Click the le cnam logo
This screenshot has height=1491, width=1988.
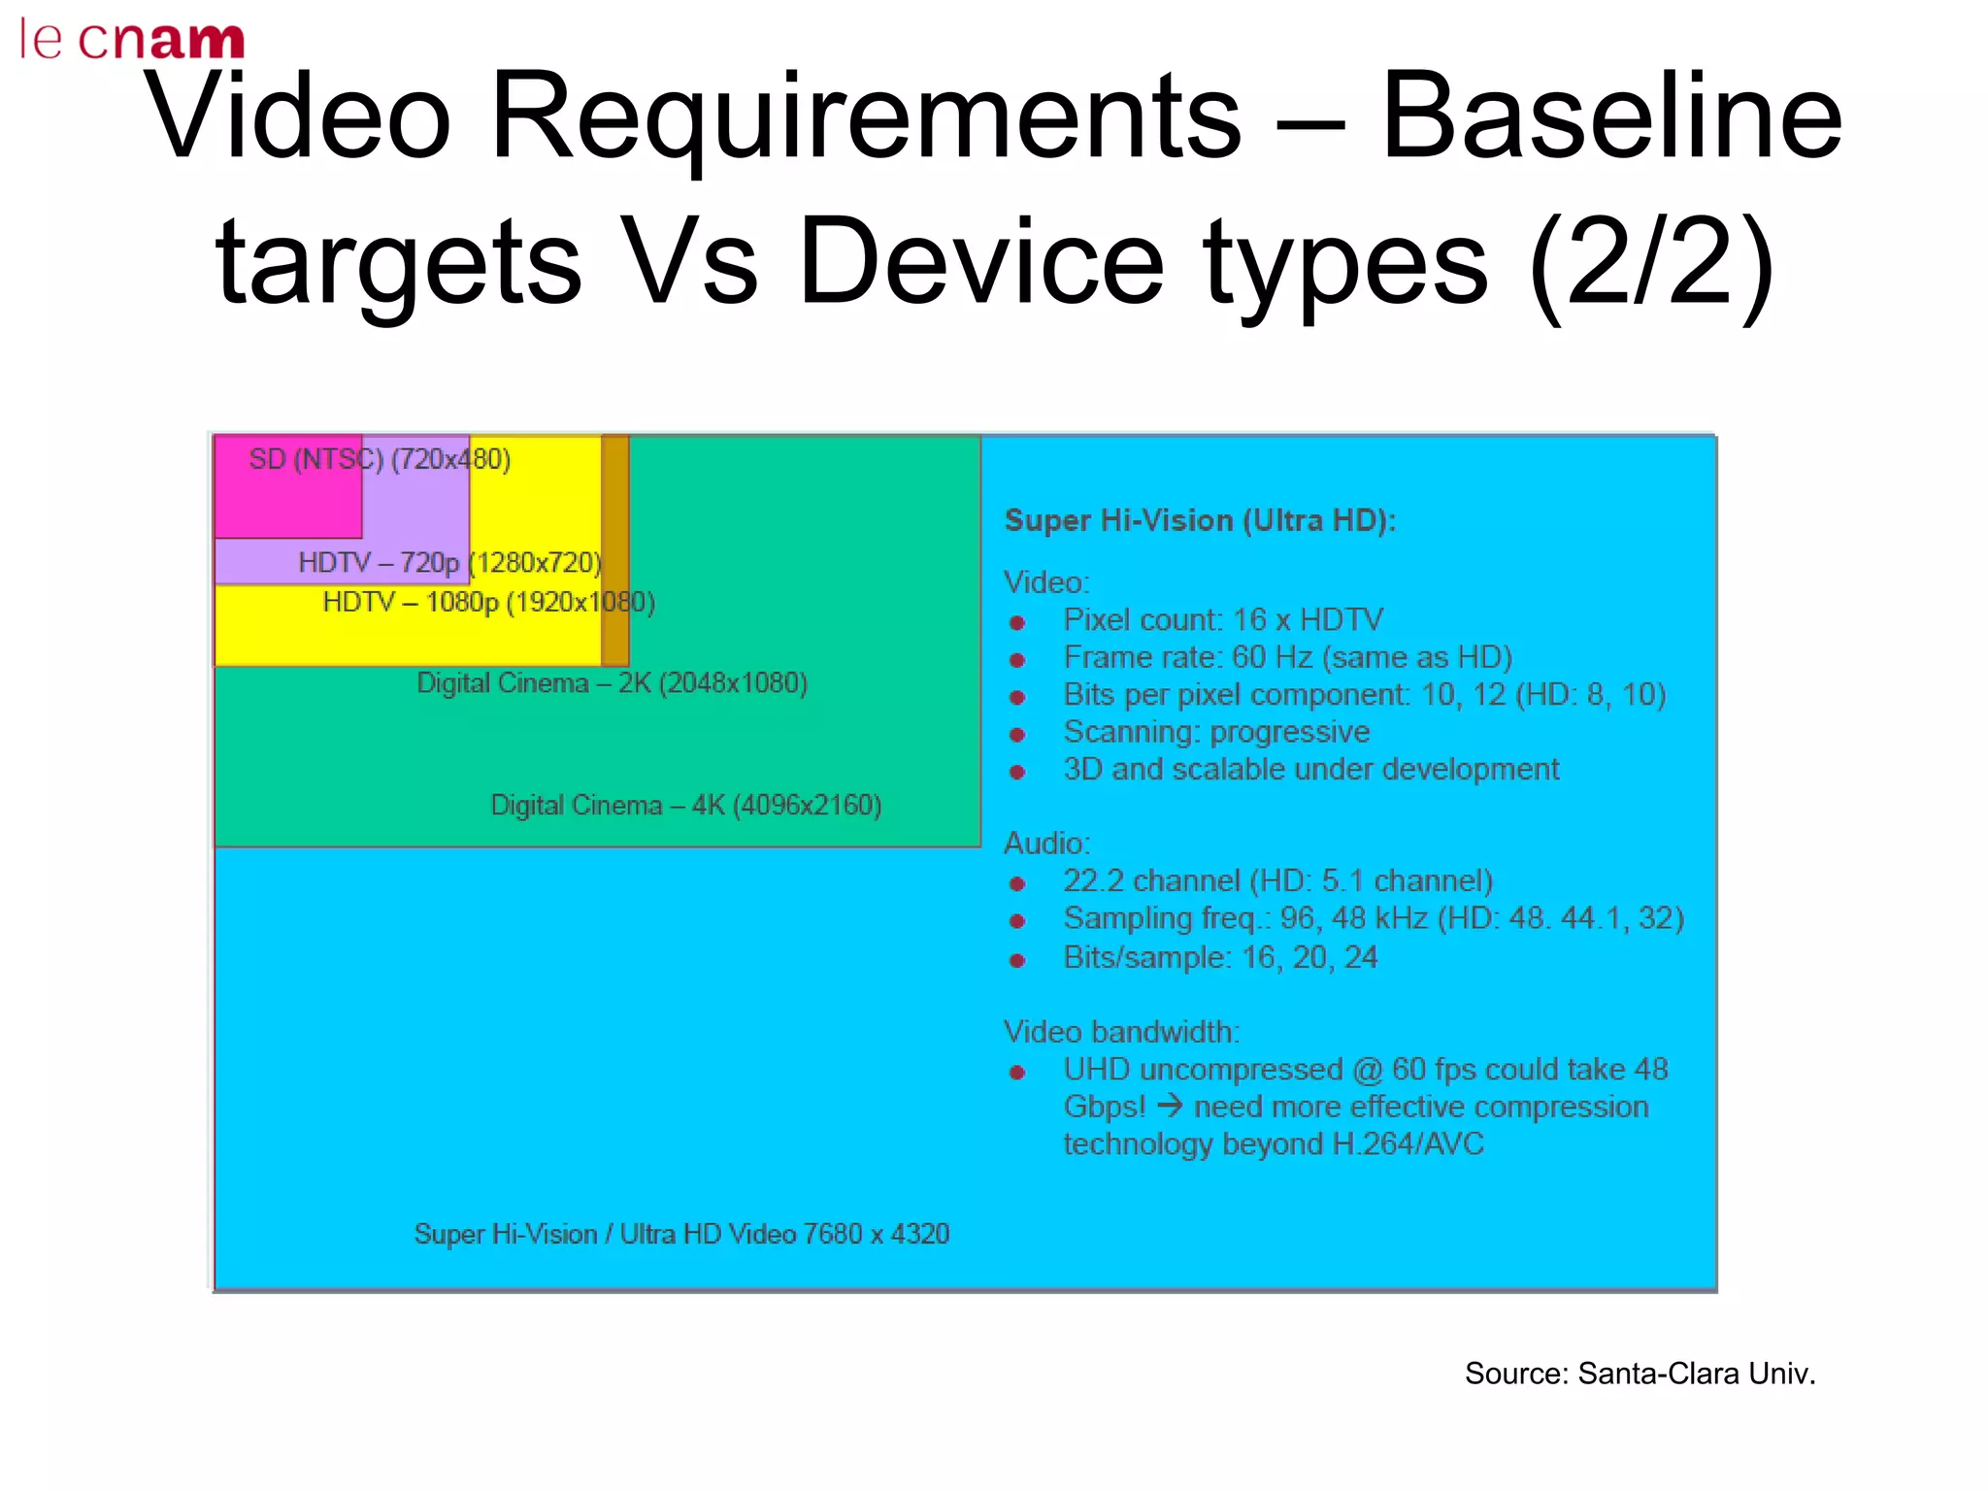click(132, 39)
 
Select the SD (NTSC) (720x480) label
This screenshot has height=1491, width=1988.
click(380, 459)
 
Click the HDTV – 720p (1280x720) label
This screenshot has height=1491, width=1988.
click(449, 563)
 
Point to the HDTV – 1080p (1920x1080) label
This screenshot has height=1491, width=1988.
click(488, 603)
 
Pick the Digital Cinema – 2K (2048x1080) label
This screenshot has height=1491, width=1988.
click(612, 683)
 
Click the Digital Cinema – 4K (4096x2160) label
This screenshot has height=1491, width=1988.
click(685, 806)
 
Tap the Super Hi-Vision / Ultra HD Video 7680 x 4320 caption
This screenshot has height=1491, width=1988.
click(681, 1235)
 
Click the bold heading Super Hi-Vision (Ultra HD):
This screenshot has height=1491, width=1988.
click(1200, 521)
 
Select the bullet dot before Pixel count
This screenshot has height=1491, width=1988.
click(1017, 622)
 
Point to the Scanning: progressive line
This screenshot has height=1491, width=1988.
click(1216, 732)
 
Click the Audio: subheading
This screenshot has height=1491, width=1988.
click(1046, 844)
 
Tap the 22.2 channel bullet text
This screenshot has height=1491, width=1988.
click(1277, 881)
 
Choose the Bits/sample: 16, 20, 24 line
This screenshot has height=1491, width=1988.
click(1220, 958)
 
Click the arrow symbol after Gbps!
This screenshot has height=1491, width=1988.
click(1170, 1106)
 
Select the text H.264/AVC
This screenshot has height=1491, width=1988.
click(1408, 1144)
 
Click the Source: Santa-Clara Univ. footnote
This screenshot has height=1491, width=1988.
click(1640, 1375)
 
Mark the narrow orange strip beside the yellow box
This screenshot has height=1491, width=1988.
click(615, 550)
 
